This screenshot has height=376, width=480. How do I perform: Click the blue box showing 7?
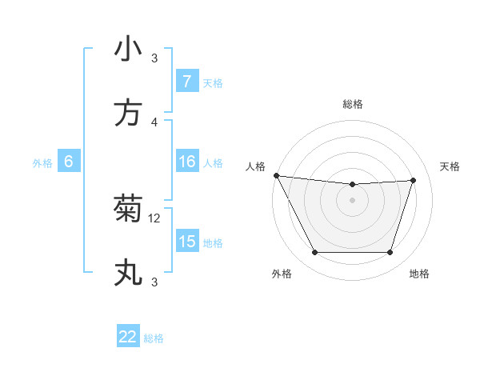click(x=186, y=82)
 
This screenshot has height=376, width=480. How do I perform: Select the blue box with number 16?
click(x=186, y=162)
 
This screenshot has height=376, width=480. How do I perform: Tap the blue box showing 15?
click(x=186, y=242)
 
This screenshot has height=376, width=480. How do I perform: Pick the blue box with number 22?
click(x=128, y=337)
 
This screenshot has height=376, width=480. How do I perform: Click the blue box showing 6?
click(x=69, y=162)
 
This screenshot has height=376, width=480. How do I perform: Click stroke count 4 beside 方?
click(x=154, y=122)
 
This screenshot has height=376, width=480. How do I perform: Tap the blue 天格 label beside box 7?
click(x=212, y=82)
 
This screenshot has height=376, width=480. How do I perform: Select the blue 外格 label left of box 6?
click(x=42, y=163)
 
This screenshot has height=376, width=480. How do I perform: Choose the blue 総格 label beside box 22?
click(x=154, y=338)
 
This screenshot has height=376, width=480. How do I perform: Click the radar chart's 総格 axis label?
click(x=352, y=104)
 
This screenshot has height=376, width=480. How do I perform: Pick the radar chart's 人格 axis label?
click(x=255, y=166)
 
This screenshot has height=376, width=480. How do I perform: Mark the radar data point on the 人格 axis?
click(x=276, y=175)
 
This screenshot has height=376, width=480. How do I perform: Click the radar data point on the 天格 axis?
click(x=413, y=180)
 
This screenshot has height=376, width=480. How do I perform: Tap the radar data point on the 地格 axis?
click(x=390, y=253)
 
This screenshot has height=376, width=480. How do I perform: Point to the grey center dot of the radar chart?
click(x=352, y=200)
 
